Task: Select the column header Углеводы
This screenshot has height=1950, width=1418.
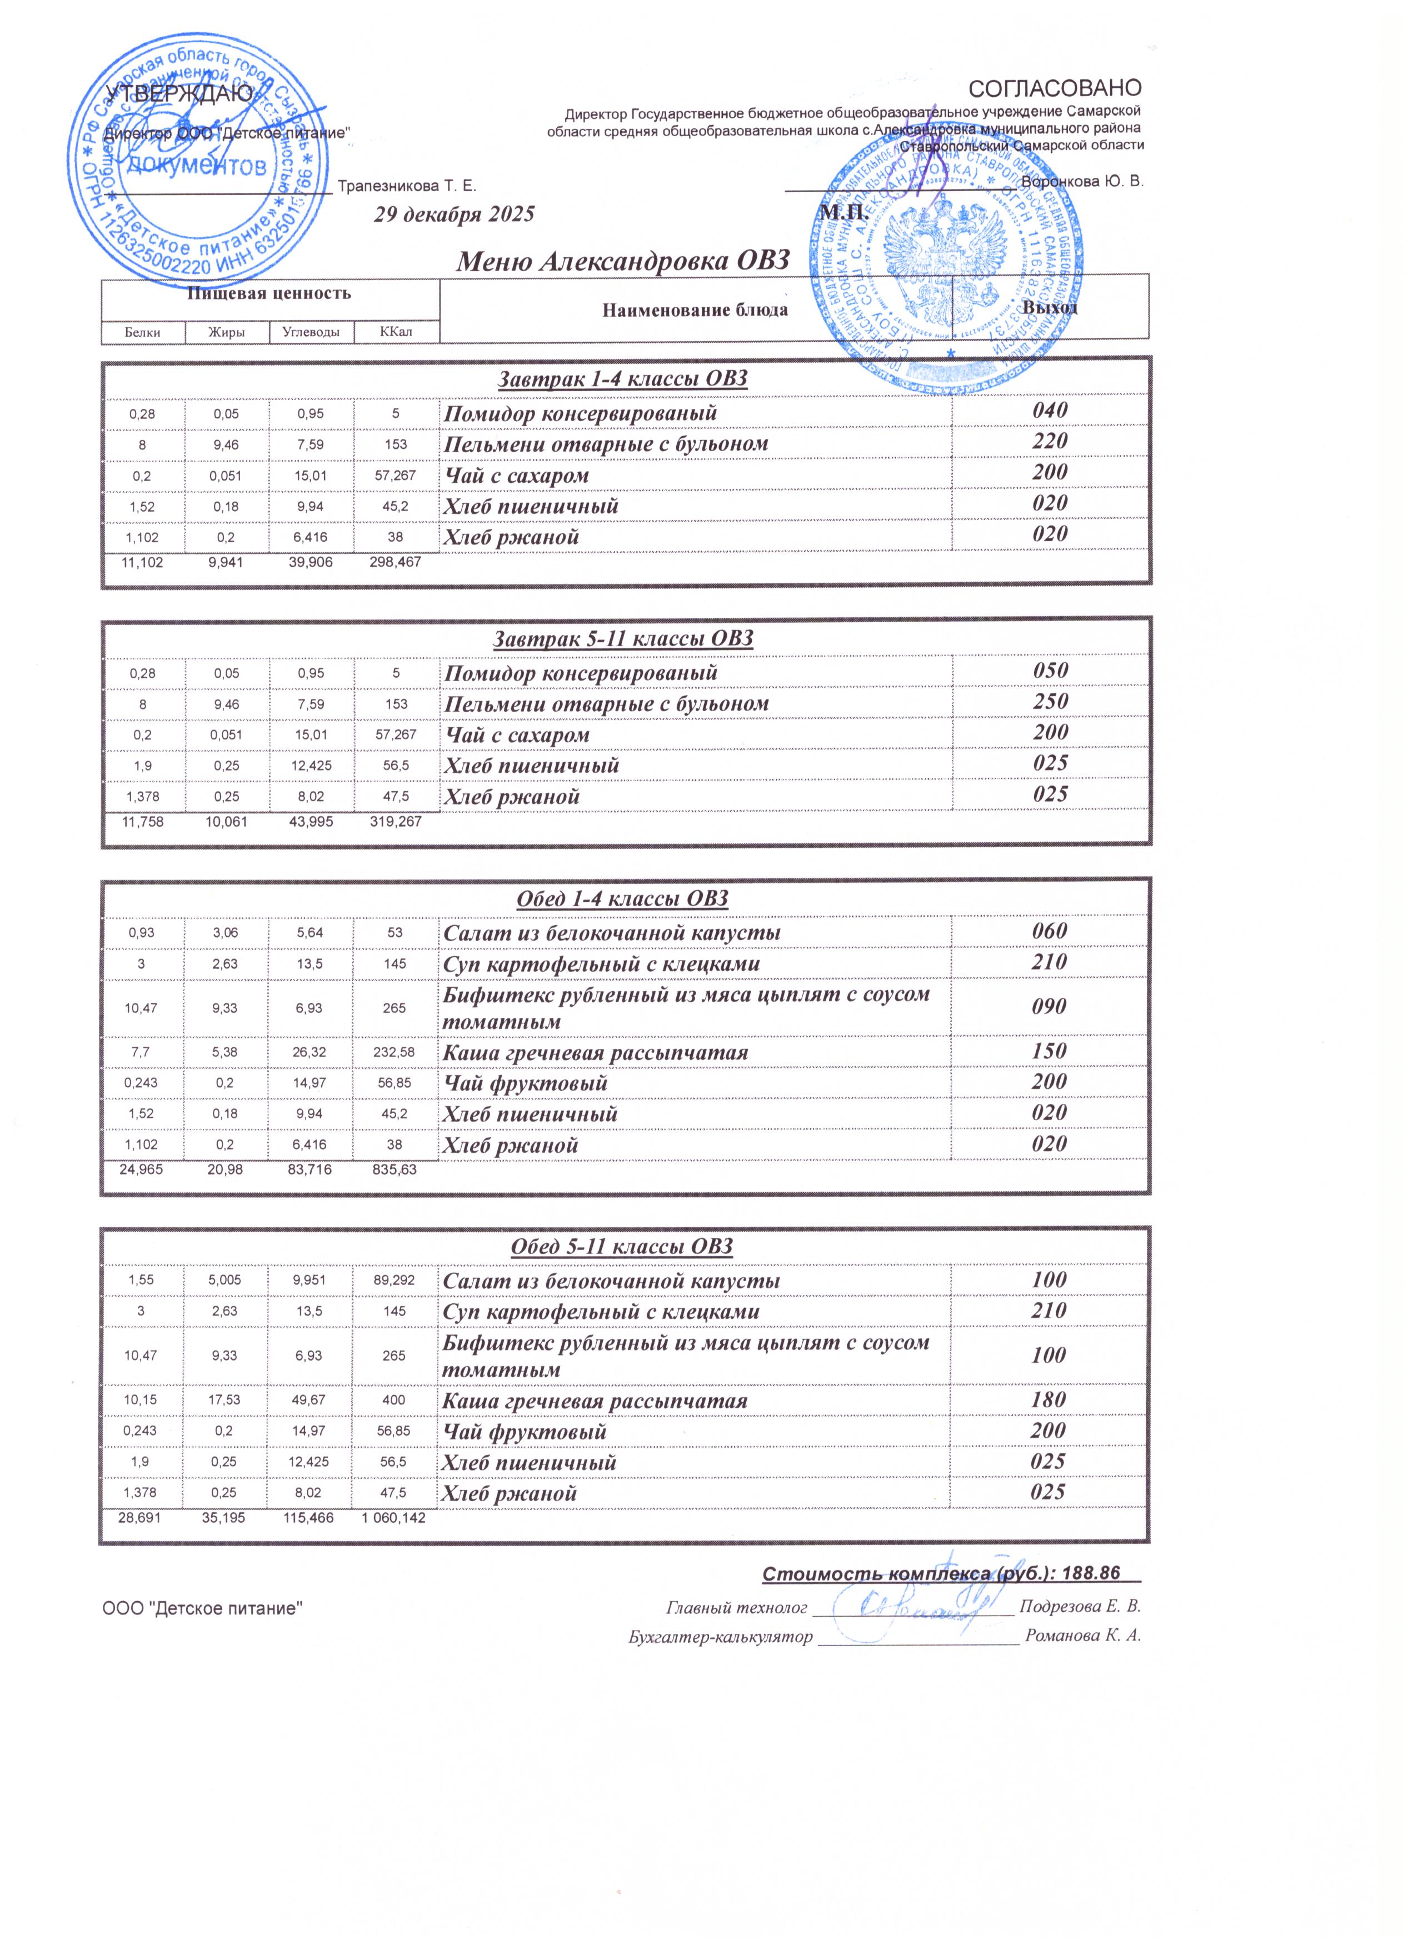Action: tap(311, 332)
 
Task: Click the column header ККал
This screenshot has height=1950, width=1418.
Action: tap(396, 332)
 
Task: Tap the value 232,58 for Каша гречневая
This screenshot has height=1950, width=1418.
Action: tap(395, 1052)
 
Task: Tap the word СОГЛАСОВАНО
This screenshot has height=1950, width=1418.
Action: tap(1055, 88)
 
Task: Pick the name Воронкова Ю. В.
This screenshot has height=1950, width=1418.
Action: tap(1082, 182)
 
